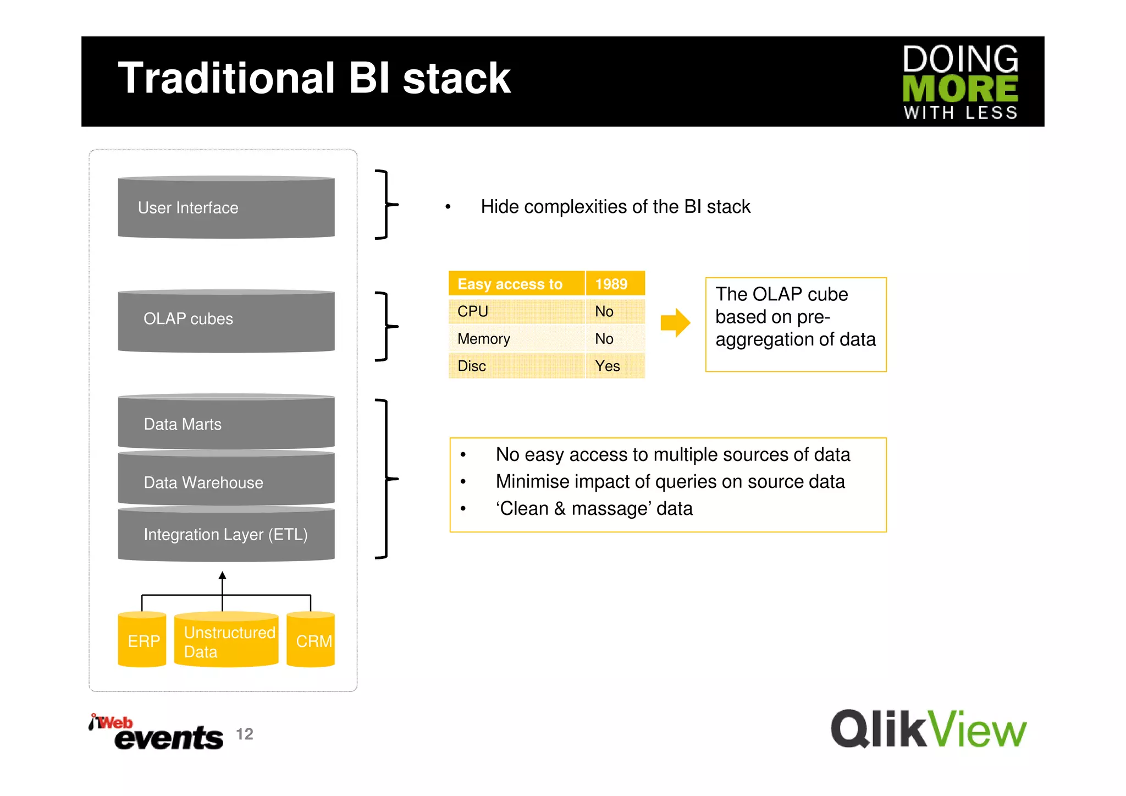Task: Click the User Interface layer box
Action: click(226, 207)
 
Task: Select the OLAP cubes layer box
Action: click(226, 321)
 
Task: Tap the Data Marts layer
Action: click(226, 422)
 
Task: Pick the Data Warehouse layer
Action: click(226, 480)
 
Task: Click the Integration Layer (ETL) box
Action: click(226, 534)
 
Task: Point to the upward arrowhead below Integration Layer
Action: click(222, 575)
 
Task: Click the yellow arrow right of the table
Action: click(675, 322)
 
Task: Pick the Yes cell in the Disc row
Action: click(608, 366)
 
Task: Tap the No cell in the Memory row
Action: click(604, 338)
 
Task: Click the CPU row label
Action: click(473, 311)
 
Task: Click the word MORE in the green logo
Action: click(960, 89)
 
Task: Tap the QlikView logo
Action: click(928, 729)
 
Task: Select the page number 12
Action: click(245, 734)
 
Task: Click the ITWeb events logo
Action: click(157, 733)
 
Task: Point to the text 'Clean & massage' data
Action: click(594, 508)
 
